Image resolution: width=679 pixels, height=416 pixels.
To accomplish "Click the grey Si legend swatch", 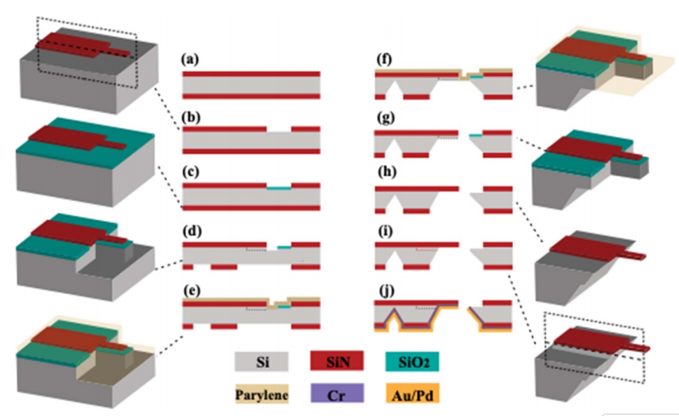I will (261, 359).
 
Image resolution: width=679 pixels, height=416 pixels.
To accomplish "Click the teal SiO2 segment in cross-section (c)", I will (279, 188).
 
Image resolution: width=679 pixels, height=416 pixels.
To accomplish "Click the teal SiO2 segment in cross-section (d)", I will (284, 247).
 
